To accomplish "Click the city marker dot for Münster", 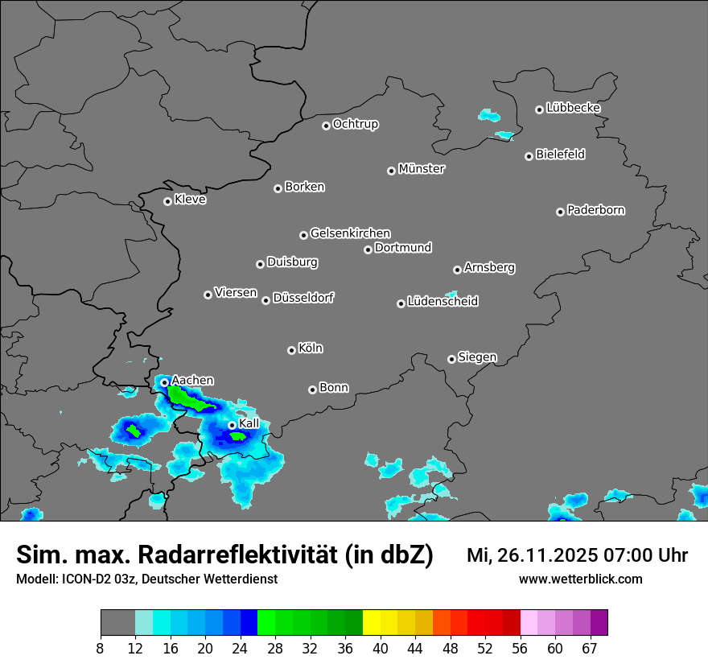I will point(391,171).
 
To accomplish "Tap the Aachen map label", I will point(193,381).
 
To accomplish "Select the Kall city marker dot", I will point(232,425).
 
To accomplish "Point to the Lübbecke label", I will point(573,108).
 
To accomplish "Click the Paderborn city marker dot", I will point(560,212).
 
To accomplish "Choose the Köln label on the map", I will point(311,348).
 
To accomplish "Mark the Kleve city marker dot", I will point(167,201).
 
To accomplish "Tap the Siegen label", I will point(477,357).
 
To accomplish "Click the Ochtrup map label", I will point(356,124).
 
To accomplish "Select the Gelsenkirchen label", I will point(350,233).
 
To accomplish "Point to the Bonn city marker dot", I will point(312,390).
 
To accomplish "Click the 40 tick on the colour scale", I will point(381,649).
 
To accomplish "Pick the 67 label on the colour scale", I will point(590,649).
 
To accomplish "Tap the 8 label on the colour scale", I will point(101,649).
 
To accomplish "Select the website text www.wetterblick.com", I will point(580,579).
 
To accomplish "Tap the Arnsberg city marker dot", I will point(457,270).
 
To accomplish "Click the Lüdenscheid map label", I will point(442,302).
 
